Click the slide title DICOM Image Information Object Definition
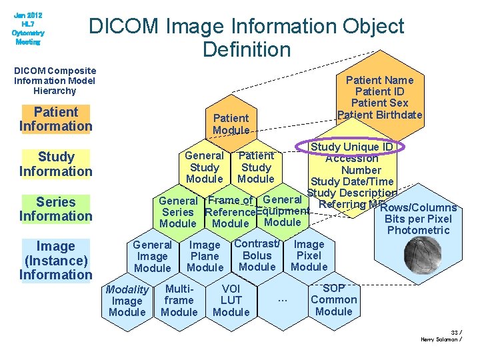click(247, 37)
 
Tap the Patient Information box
click(56, 119)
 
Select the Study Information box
click(56, 164)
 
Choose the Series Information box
click(56, 209)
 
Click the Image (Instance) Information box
click(56, 261)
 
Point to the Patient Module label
click(231, 124)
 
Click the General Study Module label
click(205, 167)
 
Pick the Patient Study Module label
click(256, 167)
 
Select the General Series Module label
click(178, 212)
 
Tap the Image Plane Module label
click(205, 256)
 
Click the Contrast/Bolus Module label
click(257, 255)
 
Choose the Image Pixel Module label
click(309, 256)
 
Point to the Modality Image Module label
click(127, 301)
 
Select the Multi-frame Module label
click(179, 300)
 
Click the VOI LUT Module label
click(231, 300)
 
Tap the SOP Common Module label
click(334, 300)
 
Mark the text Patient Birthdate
click(380, 115)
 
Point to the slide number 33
click(455, 332)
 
